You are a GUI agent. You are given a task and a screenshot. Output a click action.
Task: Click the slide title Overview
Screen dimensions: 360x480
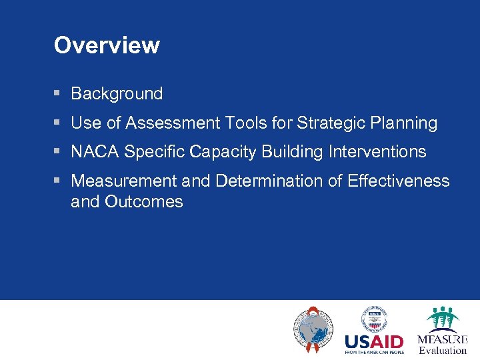[107, 45]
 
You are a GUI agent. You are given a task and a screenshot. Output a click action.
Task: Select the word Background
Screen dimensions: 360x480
[117, 94]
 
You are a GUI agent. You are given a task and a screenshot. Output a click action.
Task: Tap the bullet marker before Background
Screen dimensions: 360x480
[58, 94]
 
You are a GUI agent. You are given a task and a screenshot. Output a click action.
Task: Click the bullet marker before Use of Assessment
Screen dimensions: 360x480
[58, 123]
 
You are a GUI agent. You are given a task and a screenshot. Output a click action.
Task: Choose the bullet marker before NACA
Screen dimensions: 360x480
[58, 152]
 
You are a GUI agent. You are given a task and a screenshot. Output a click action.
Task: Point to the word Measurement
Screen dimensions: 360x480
[123, 181]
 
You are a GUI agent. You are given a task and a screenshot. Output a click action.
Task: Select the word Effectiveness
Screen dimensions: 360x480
[399, 181]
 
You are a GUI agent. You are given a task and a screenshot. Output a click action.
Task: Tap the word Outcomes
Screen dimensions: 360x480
[144, 202]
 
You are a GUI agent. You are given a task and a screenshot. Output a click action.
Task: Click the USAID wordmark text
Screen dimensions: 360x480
[374, 341]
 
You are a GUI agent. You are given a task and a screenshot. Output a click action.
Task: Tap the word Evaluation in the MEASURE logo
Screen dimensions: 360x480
[443, 351]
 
